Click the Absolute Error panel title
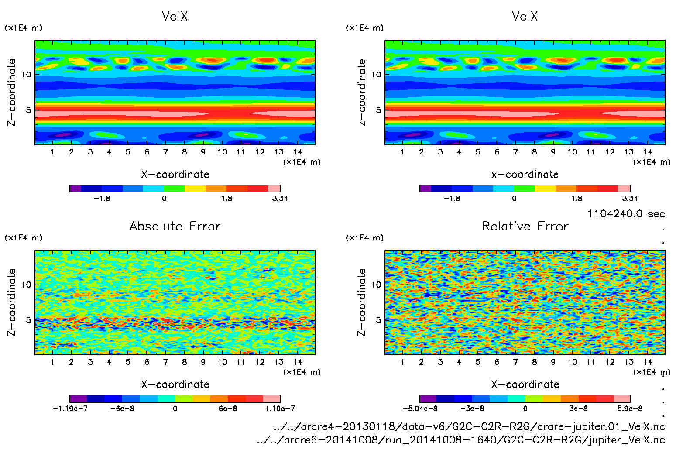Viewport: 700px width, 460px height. point(175,226)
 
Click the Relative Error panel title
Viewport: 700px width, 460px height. point(525,226)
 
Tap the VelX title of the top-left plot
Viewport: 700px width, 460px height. point(175,16)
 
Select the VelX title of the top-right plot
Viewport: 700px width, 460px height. point(525,16)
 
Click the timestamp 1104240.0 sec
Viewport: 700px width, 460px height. point(626,214)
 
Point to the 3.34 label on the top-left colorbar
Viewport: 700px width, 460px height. point(280,198)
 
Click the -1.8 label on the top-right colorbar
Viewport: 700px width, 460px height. point(452,198)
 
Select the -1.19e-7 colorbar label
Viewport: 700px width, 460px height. point(70,409)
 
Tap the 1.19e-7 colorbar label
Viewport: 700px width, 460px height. point(280,409)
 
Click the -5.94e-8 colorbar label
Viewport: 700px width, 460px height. point(420,409)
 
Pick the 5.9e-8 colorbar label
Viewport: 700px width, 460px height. point(630,409)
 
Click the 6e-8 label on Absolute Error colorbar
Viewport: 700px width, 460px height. point(228,409)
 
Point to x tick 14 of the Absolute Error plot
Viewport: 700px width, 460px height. point(298,362)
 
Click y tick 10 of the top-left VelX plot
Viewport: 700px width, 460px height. point(27,75)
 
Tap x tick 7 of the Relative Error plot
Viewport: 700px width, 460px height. point(515,362)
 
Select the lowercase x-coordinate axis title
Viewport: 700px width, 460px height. point(525,174)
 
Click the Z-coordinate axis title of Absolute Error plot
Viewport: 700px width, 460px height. point(12,302)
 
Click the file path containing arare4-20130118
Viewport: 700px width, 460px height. point(469,426)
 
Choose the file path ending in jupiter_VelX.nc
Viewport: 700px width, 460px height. point(461,440)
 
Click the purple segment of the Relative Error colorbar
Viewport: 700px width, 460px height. point(428,398)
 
